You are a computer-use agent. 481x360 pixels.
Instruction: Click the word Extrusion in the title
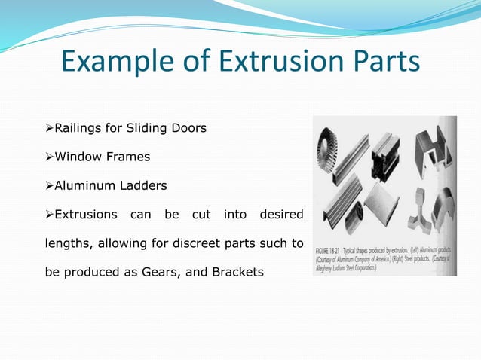pyautogui.click(x=271, y=62)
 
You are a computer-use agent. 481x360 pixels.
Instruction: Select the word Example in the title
pyautogui.click(x=114, y=62)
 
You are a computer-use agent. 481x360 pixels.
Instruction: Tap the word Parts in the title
pyautogui.click(x=381, y=62)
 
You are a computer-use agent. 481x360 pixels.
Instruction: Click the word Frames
pyautogui.click(x=128, y=157)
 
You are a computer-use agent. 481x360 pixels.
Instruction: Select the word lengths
pyautogui.click(x=68, y=243)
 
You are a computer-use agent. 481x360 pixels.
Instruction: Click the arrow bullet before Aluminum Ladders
pyautogui.click(x=50, y=185)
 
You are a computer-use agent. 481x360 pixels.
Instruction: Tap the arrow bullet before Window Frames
pyautogui.click(x=50, y=157)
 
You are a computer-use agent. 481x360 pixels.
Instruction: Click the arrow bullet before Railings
pyautogui.click(x=50, y=128)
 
